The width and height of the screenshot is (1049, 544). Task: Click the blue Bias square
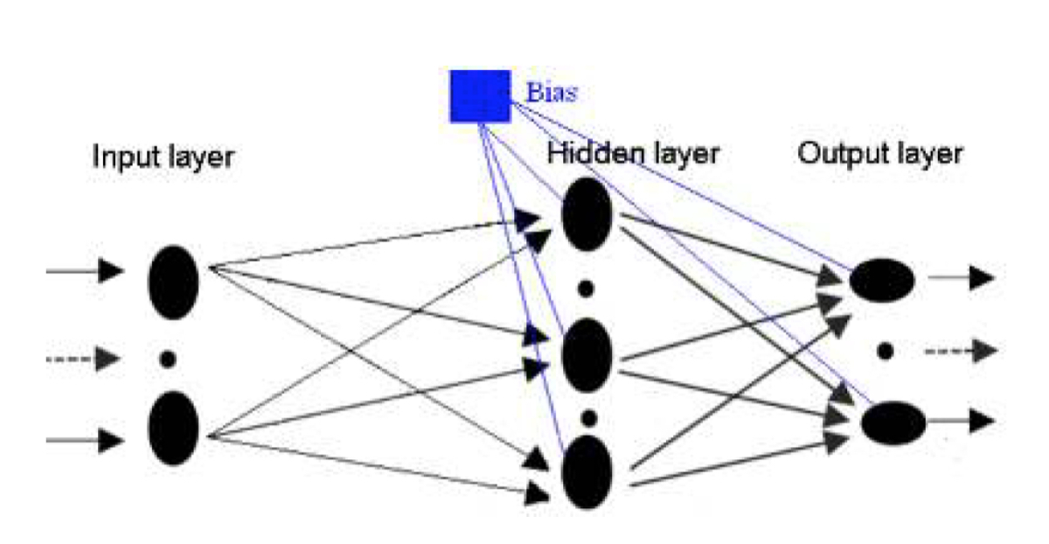point(480,96)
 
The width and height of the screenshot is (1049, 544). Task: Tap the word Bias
point(552,93)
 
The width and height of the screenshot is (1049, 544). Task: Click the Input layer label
point(163,157)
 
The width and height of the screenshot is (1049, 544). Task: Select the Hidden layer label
point(633,154)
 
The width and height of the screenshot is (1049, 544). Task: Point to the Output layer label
point(880,154)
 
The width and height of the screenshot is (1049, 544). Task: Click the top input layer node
point(173,282)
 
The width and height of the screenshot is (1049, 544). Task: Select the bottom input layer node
point(173,429)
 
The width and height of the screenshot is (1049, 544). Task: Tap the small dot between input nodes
point(168,359)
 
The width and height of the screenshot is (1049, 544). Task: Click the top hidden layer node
point(587,214)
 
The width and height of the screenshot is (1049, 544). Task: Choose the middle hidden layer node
point(587,355)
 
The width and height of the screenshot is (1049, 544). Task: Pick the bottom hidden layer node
point(587,471)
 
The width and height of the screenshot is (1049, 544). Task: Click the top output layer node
point(882,280)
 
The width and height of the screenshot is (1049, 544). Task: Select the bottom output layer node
point(893,423)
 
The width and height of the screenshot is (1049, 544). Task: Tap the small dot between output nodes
point(885,351)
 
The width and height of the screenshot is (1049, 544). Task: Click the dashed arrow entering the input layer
point(83,359)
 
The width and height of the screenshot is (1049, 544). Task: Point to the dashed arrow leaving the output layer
point(961,351)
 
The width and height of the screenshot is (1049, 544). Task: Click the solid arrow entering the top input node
point(85,271)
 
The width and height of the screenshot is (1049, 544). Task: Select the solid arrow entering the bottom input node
point(85,441)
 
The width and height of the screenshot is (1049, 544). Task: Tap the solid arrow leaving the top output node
point(962,277)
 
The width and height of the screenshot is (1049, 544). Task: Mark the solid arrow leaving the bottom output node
point(961,421)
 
